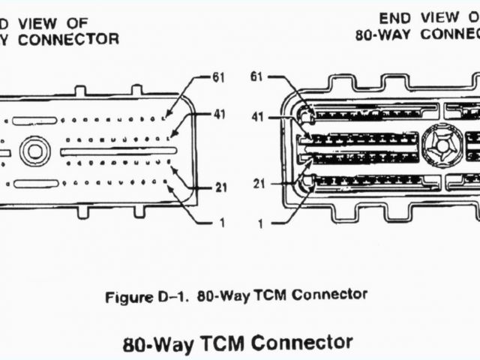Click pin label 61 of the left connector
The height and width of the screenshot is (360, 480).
[218, 77]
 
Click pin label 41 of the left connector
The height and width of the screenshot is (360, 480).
[218, 115]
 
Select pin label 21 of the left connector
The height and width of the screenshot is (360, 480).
[220, 187]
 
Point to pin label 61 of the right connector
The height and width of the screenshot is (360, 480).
[257, 77]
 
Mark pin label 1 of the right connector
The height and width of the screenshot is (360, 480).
[260, 223]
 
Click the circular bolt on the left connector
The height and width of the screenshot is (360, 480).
[34, 151]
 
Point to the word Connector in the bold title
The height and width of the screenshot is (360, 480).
[302, 343]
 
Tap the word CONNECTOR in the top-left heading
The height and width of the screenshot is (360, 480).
[68, 40]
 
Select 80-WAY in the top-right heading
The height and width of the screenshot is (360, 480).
[385, 34]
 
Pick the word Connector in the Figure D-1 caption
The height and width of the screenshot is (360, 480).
[330, 295]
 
